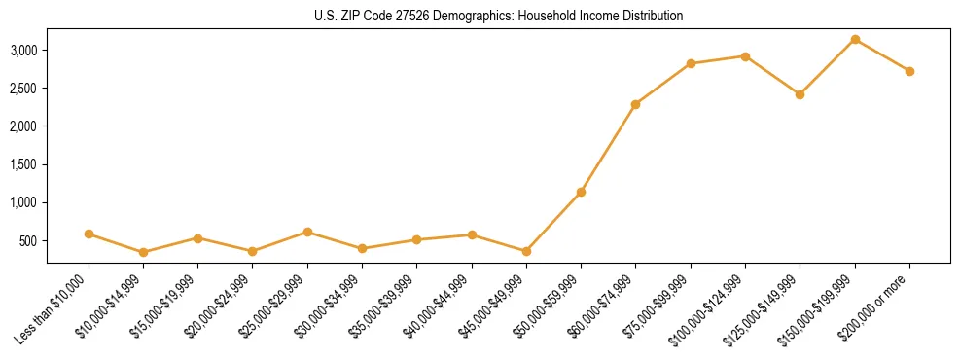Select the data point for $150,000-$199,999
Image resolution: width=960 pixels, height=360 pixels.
(x=855, y=39)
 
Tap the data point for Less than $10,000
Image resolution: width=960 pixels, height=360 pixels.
(x=89, y=234)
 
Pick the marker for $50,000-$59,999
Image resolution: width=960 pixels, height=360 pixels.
(x=581, y=192)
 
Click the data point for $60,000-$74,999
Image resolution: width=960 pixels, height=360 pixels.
(x=635, y=104)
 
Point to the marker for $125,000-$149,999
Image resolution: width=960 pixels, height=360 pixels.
(x=800, y=94)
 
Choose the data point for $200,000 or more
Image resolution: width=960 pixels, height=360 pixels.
(x=909, y=71)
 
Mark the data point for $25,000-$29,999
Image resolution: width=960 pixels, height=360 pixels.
(x=307, y=232)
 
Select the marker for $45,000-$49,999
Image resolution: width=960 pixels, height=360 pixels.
(x=526, y=251)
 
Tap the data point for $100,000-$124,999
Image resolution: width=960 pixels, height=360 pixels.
(x=745, y=56)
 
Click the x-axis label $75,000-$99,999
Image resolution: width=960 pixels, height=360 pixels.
(x=658, y=306)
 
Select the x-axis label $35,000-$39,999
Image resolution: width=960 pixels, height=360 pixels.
(x=383, y=306)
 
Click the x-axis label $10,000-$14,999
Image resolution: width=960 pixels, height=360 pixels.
(x=110, y=306)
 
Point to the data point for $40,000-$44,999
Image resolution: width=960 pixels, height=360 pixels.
(x=472, y=234)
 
